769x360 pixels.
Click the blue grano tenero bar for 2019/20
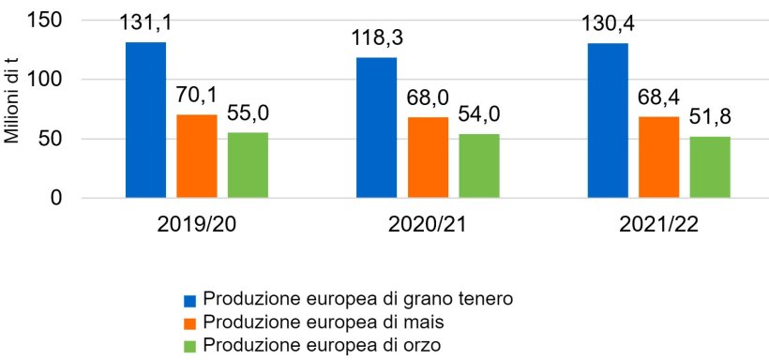coord(145,120)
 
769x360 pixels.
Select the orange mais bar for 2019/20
coord(197,157)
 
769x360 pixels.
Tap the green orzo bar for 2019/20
coord(248,165)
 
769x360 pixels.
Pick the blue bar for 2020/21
coord(376,127)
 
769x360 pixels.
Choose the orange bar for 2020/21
coord(428,157)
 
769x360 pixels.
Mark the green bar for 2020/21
coord(478,166)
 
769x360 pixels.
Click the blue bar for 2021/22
coord(608,121)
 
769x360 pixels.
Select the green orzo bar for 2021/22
coord(710,167)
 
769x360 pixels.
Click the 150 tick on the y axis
coord(46,21)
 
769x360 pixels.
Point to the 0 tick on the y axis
coord(56,199)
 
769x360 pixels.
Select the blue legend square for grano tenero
coord(189,301)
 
